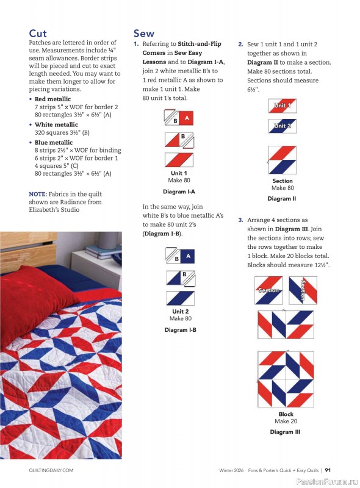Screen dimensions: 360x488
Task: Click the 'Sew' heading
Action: point(144,33)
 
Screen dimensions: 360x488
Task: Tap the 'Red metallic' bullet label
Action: point(52,99)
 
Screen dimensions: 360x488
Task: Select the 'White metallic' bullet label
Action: point(55,124)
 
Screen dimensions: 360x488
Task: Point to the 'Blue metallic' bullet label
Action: point(53,142)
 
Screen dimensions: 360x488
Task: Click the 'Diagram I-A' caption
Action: point(179,192)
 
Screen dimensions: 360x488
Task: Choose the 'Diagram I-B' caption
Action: point(179,330)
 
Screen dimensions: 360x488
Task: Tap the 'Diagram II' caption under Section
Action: point(282,198)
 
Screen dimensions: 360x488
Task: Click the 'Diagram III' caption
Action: point(285,432)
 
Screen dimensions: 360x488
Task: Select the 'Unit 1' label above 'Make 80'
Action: point(179,173)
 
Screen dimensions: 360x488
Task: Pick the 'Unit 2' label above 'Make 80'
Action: point(179,312)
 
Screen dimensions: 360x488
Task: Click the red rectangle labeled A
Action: point(187,118)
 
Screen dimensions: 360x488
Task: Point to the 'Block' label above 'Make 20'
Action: point(286,414)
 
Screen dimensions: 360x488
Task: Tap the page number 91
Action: point(328,470)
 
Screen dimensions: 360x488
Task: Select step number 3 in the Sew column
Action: point(240,220)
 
